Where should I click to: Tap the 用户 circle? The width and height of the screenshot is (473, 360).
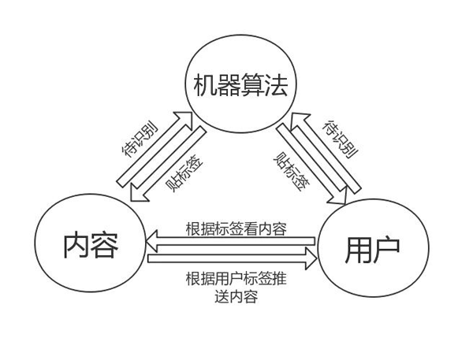point(373,247)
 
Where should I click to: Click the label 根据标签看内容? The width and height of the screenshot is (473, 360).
point(236,228)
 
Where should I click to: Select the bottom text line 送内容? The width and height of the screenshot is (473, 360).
point(236,296)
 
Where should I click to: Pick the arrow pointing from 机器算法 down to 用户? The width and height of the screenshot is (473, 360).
point(308,161)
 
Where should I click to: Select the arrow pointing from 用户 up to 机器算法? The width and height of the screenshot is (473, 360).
point(323,150)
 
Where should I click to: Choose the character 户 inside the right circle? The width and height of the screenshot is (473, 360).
point(386,248)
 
